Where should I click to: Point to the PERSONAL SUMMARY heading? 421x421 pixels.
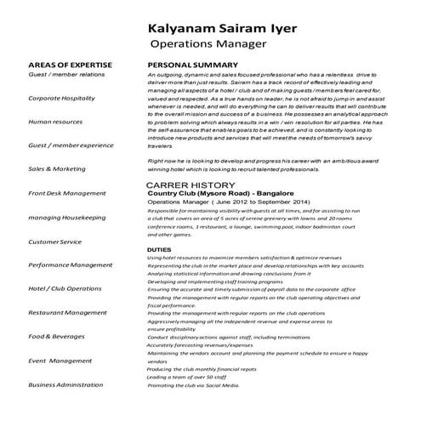click(192, 65)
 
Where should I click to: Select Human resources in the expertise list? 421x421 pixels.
click(57, 122)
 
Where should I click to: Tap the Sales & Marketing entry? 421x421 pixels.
click(57, 169)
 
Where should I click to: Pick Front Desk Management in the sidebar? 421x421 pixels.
click(67, 193)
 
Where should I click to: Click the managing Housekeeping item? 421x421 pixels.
click(67, 218)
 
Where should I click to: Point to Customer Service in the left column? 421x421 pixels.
click(54, 242)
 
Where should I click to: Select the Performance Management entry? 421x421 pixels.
click(71, 265)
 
